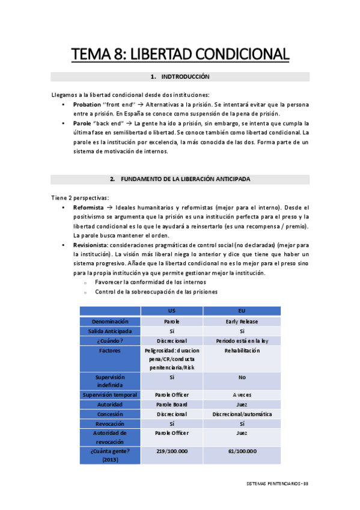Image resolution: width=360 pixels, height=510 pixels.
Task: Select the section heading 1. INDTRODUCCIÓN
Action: click(x=180, y=77)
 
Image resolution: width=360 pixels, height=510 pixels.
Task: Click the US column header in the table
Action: click(x=172, y=311)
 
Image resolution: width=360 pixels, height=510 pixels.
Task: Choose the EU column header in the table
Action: click(x=242, y=311)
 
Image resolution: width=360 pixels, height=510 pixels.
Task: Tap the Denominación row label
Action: click(x=111, y=321)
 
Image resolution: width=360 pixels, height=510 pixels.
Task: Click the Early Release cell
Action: click(x=242, y=321)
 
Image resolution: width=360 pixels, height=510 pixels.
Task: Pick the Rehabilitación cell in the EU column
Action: click(x=242, y=350)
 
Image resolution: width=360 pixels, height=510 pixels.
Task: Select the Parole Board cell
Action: click(x=172, y=404)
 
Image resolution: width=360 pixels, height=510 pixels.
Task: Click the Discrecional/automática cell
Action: click(x=242, y=414)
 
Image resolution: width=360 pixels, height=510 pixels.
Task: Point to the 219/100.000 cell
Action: click(x=172, y=451)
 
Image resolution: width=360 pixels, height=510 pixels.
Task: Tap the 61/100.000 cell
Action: click(x=242, y=451)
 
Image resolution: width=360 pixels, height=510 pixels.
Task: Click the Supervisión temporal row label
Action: click(x=111, y=395)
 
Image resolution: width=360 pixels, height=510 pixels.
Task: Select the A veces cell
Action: click(x=242, y=395)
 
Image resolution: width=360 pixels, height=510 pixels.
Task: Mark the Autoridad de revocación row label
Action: click(x=111, y=437)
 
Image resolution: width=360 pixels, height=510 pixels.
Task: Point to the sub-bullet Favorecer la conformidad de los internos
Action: click(x=150, y=282)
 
